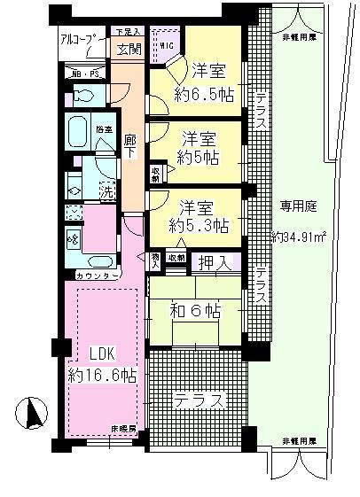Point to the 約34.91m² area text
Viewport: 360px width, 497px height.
[297, 237]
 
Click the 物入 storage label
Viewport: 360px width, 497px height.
[156, 259]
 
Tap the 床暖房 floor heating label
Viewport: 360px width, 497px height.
[122, 430]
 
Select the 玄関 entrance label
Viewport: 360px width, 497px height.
[129, 49]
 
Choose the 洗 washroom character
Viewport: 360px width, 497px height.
[106, 190]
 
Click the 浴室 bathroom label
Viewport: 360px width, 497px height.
[105, 129]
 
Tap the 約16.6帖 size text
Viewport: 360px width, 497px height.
[103, 375]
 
